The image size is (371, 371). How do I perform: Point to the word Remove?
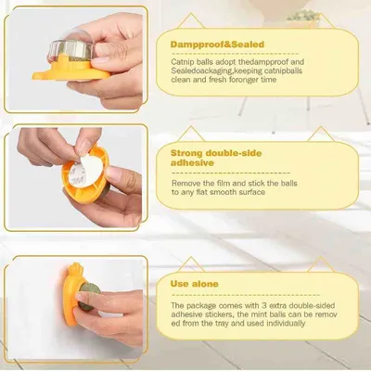(x=185, y=183)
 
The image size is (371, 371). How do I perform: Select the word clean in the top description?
(x=184, y=80)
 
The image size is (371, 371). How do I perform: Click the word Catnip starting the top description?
(x=183, y=61)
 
